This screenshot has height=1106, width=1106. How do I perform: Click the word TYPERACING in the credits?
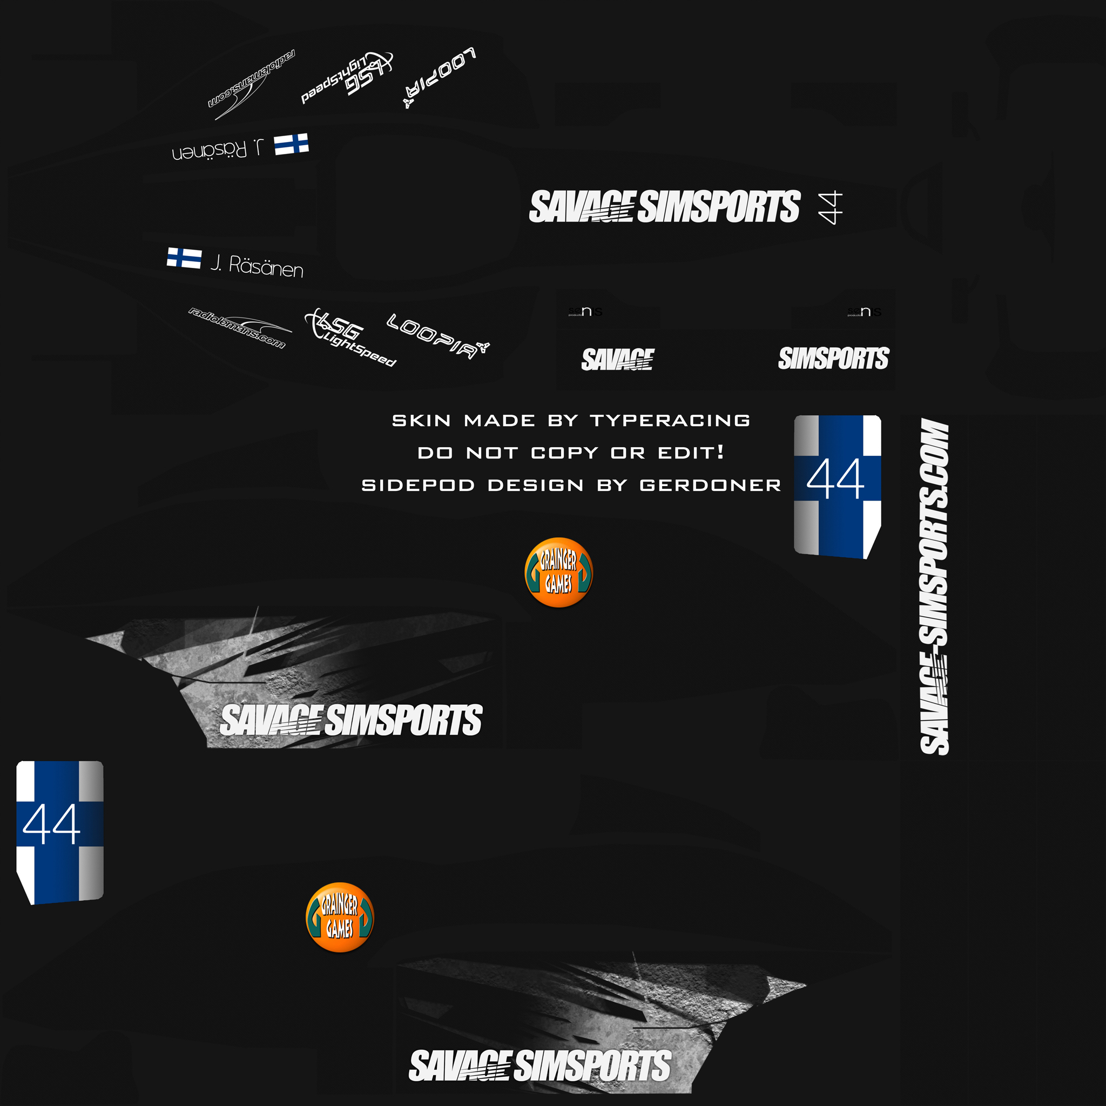coord(670,421)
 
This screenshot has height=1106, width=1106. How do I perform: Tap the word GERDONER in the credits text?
coord(710,485)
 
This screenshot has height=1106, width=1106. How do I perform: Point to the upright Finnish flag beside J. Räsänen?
coord(184,258)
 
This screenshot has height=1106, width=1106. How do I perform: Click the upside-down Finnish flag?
coord(292,144)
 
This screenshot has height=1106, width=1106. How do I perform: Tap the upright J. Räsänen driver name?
coord(257,266)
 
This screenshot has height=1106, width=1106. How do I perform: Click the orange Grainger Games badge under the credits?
coord(558,572)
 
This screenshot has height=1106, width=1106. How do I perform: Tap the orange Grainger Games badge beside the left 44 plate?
coord(340,917)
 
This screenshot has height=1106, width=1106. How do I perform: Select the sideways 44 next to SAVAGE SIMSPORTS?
coord(830,207)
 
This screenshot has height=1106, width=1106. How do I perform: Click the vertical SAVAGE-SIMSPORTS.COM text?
coord(934,587)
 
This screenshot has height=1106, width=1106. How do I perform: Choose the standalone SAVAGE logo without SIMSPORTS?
coord(617,359)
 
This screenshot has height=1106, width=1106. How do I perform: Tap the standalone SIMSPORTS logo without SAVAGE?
coord(833,359)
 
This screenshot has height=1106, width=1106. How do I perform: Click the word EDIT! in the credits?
coord(690,453)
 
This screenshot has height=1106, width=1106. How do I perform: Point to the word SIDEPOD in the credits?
coord(418,485)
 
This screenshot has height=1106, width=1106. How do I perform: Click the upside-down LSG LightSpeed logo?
coord(347,77)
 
